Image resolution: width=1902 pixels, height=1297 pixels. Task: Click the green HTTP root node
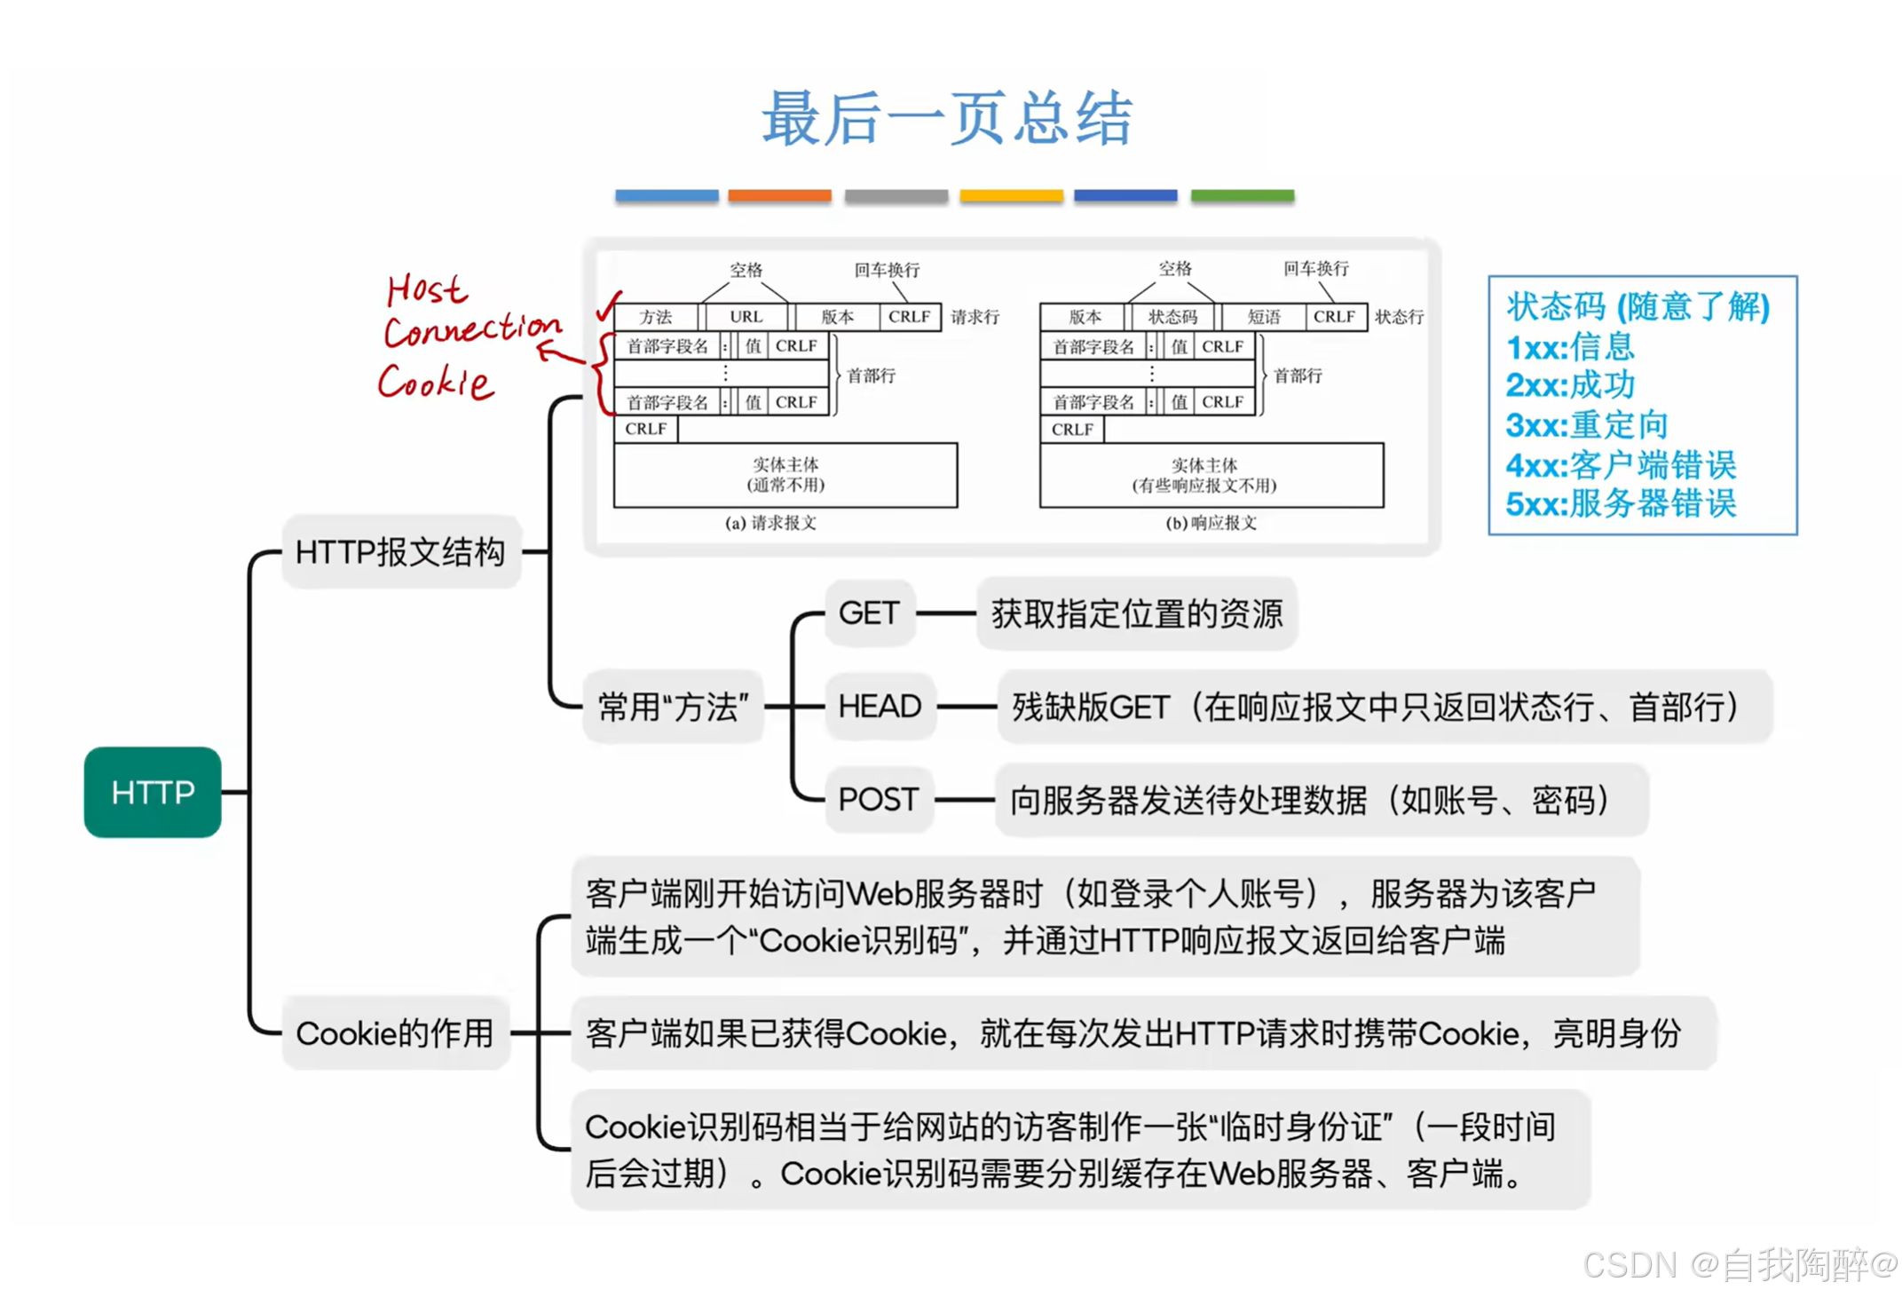coord(153,792)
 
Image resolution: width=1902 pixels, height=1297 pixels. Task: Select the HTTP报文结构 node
coord(400,552)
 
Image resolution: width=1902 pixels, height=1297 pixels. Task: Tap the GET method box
coord(869,613)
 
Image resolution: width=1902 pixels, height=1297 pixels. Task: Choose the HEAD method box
coord(880,707)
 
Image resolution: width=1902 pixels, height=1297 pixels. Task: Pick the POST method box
coord(878,800)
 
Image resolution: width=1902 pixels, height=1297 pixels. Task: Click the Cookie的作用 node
coord(395,1033)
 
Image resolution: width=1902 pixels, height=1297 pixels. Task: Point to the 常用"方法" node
coord(673,708)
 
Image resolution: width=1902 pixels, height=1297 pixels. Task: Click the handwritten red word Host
coord(426,289)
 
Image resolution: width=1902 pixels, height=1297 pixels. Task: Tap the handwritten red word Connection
coord(472,330)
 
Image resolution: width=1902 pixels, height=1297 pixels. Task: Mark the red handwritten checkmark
coord(609,306)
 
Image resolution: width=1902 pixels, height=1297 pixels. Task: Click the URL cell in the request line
coord(746,317)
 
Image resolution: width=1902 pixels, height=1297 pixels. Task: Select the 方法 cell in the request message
coord(656,317)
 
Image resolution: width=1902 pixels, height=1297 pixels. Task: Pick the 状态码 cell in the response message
coord(1172,317)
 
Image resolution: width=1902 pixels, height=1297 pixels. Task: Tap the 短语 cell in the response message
coord(1264,317)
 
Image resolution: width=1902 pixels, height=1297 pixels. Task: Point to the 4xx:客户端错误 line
coord(1621,464)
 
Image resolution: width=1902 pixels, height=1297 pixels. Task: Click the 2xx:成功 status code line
coord(1570,385)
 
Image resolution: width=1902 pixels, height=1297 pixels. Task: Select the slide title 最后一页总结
coord(947,119)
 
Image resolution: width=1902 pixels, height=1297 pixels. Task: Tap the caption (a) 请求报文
coord(770,523)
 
